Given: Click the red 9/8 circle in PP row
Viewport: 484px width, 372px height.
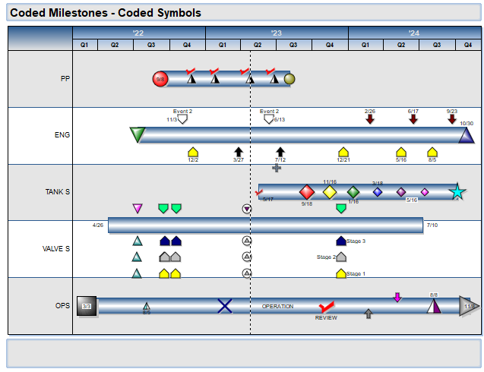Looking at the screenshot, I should [160, 79].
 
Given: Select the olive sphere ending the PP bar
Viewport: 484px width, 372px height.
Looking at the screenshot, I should [289, 79].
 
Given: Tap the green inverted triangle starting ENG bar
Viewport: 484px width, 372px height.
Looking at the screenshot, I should [137, 135].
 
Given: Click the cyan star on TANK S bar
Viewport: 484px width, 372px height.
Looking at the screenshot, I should [457, 192].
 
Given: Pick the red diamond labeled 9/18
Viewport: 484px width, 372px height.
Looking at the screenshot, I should [307, 192].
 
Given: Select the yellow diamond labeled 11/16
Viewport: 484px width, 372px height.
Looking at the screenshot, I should [330, 192].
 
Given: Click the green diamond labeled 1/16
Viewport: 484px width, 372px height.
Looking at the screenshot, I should [353, 192].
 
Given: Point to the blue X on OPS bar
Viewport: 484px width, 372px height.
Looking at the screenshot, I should [225, 306].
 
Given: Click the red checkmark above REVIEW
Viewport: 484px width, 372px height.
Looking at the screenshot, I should [327, 307].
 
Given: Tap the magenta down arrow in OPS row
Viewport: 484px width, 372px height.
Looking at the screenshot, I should [397, 297].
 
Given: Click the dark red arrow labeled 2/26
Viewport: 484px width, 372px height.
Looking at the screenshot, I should [370, 118].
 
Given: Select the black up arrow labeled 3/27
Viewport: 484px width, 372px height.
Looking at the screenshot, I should [239, 152].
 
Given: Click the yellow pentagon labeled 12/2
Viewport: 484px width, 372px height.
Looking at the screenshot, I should [192, 152].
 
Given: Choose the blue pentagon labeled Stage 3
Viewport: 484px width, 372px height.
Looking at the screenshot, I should [341, 241].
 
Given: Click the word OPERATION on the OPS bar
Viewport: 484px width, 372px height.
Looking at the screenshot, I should [277, 306].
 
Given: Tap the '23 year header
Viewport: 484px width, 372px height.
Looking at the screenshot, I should [277, 33].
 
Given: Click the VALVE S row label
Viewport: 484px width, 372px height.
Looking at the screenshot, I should [58, 249].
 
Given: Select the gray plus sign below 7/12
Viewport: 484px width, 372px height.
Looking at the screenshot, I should [277, 168].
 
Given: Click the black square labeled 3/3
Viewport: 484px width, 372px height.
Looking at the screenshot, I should [86, 306].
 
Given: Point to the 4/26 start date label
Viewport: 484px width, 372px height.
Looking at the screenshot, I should [98, 225].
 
